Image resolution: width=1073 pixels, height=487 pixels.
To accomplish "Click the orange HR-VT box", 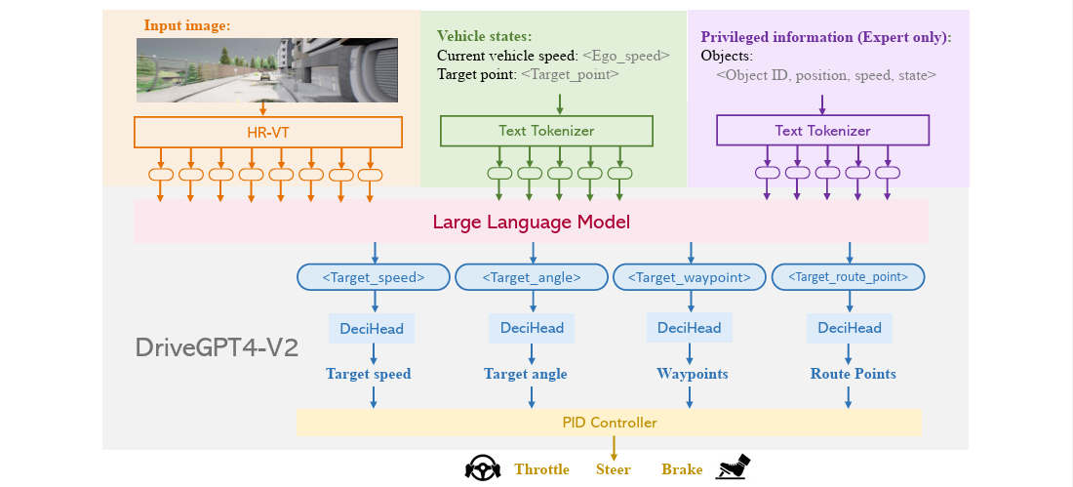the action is [267, 132].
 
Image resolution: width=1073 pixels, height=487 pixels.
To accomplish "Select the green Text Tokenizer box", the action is [546, 130].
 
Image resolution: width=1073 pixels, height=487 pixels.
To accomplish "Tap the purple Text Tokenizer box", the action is [822, 130].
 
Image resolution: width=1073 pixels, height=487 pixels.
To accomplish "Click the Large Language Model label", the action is [531, 222].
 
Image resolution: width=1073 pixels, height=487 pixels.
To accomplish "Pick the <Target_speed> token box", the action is [373, 277].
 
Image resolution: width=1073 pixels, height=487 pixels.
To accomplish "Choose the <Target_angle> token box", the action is [532, 277].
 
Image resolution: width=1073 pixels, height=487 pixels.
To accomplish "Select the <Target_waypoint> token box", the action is [689, 277].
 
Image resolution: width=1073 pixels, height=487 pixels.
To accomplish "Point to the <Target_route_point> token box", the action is [849, 277].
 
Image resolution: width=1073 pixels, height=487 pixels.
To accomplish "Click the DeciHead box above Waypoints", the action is [689, 328].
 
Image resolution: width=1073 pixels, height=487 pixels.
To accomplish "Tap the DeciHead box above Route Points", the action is [850, 328].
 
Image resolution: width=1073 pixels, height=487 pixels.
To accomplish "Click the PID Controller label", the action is [609, 423].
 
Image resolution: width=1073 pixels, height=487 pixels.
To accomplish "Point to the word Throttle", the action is [541, 469].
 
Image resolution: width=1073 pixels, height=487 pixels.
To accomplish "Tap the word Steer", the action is [614, 469].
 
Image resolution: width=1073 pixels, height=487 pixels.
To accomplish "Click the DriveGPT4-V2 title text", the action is [217, 348].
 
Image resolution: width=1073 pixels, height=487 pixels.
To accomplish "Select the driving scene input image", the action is [267, 70].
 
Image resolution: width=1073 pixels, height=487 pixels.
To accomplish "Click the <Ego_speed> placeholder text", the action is [625, 57].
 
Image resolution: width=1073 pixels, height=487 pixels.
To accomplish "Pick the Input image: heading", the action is [187, 26].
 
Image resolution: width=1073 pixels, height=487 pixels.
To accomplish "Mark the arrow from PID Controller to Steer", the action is [614, 448].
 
